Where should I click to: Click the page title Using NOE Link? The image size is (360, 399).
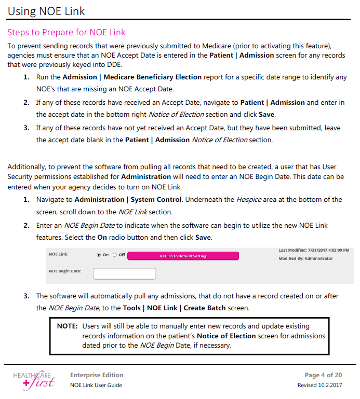coord(46,10)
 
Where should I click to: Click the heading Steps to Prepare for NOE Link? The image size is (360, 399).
coord(66,33)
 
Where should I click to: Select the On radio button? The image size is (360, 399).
coord(99,255)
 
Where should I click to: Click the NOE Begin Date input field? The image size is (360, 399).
coord(124,273)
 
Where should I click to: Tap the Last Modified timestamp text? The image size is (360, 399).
coord(313,250)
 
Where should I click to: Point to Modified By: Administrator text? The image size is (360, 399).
coord(305,258)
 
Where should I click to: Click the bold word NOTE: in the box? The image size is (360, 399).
coord(67,326)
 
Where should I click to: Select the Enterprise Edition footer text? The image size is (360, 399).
coord(97,375)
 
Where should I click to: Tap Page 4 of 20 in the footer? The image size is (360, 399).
coord(323,375)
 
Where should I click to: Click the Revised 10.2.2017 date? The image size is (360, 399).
coord(319,386)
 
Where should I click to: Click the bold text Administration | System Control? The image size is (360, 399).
coord(128,200)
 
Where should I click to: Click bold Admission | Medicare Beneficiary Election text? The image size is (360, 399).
coord(132,77)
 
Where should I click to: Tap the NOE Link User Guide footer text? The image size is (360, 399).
coord(96,386)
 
